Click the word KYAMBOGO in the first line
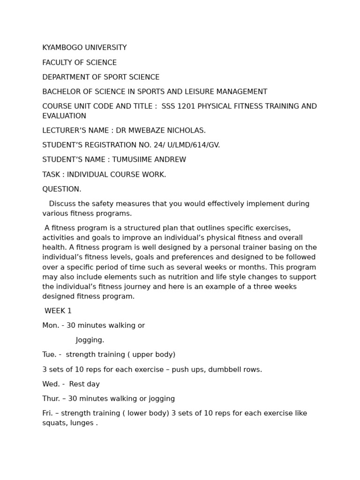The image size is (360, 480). pyautogui.click(x=61, y=48)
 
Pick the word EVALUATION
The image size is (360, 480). pyautogui.click(x=64, y=116)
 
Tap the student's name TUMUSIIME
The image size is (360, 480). pyautogui.click(x=131, y=160)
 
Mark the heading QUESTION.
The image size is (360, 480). pyautogui.click(x=62, y=189)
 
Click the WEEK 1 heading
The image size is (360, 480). pyautogui.click(x=58, y=311)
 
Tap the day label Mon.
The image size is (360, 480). pyautogui.click(x=51, y=326)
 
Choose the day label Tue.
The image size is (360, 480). pyautogui.click(x=50, y=355)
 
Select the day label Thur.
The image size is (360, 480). pyautogui.click(x=52, y=399)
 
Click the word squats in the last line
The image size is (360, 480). pyautogui.click(x=53, y=423)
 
